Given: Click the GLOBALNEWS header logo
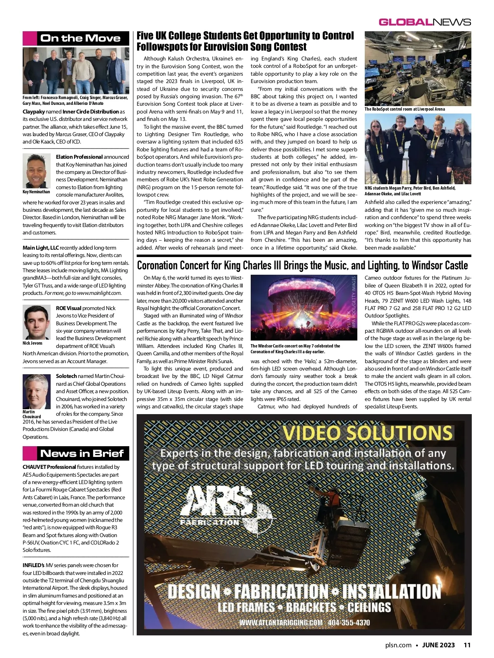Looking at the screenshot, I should [425, 22].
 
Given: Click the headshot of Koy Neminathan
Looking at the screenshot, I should [37, 171].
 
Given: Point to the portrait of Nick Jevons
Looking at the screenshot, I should [37, 322].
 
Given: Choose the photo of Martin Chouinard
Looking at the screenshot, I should [36, 391].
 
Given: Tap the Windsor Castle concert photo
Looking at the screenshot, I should [304, 308].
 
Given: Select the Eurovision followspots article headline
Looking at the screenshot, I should [245, 41].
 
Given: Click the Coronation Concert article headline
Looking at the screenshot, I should [302, 265].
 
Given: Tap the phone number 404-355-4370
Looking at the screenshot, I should [349, 622].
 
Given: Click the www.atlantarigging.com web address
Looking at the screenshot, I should [281, 622].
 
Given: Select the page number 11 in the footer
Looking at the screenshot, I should [467, 645].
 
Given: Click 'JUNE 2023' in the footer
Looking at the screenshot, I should [438, 645].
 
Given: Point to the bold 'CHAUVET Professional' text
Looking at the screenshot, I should [49, 467].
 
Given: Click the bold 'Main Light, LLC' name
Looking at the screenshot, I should [41, 248].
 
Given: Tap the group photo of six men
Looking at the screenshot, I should [76, 71].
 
